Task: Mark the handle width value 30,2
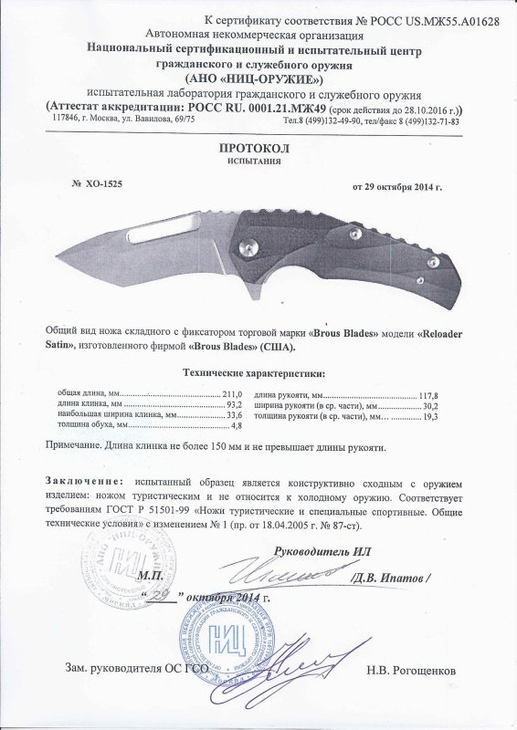coord(428,405)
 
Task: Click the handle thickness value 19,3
coord(428,416)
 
